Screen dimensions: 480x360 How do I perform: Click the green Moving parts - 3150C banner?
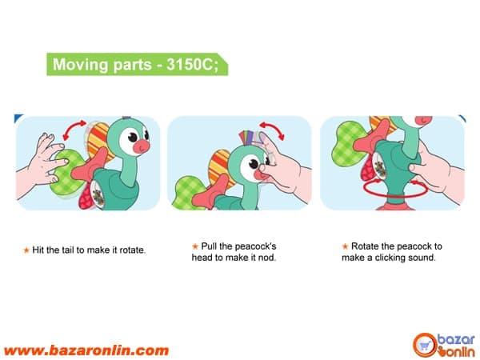point(137,64)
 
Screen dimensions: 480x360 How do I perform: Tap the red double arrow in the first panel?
point(74,129)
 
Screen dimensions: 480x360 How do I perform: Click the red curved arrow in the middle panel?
point(273,130)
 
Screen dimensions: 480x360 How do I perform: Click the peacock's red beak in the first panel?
point(142,146)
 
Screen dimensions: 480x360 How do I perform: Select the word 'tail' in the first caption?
point(68,250)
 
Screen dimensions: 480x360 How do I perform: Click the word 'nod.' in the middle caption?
point(267,258)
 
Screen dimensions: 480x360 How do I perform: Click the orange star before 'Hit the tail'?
point(26,250)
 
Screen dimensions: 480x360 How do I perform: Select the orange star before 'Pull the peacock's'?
point(195,246)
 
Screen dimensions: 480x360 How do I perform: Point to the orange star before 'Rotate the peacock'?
point(345,246)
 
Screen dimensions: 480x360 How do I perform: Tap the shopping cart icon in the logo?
point(425,346)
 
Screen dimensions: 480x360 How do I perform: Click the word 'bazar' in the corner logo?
point(456,340)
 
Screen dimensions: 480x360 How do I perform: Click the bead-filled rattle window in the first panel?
point(98,194)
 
